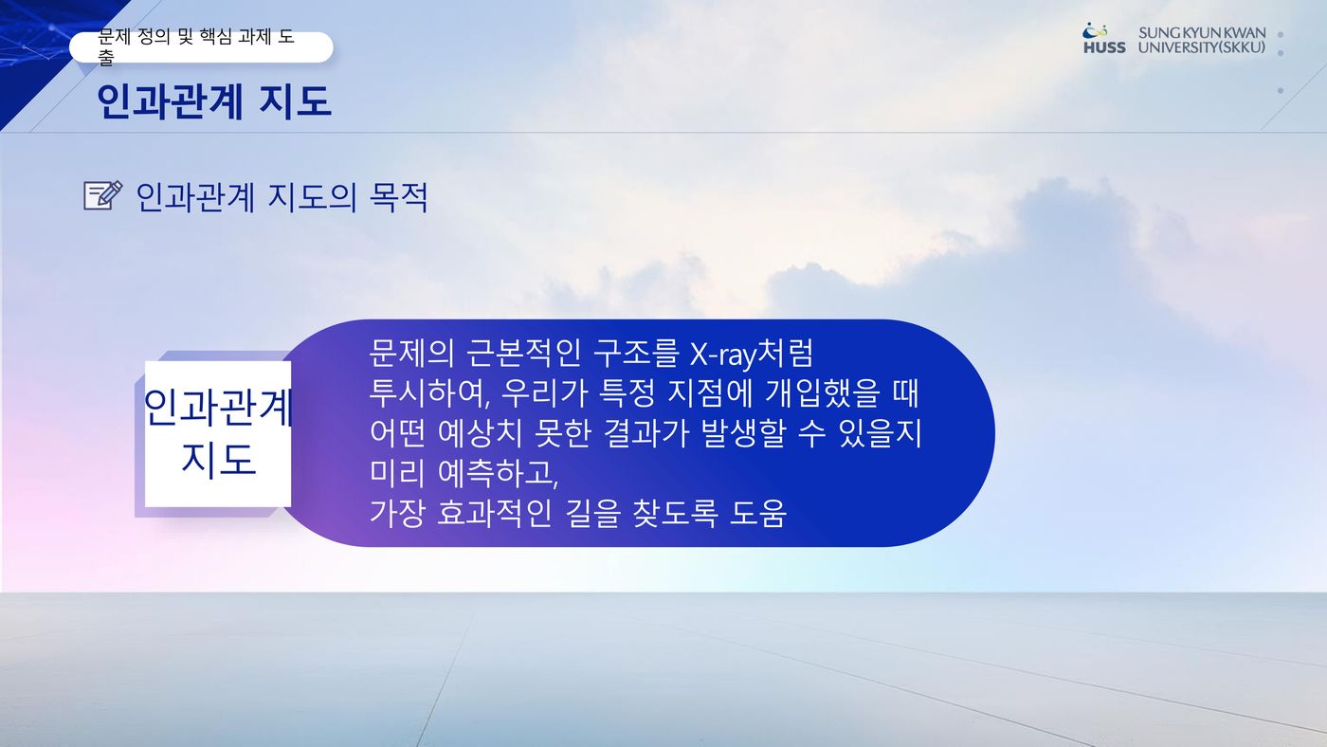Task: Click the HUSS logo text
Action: coord(1104,47)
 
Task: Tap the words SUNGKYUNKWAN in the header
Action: coord(1202,32)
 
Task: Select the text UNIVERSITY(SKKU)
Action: coord(1202,47)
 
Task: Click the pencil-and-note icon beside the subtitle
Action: coord(103,195)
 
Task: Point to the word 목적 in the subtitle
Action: coord(398,197)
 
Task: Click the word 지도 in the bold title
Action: coord(295,100)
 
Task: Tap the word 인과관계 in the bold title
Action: coord(170,101)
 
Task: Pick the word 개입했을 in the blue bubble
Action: coord(823,392)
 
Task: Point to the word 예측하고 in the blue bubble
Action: coord(499,473)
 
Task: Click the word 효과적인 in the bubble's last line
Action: coord(494,513)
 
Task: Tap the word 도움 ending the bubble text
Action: coord(757,513)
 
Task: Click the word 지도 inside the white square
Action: coord(219,459)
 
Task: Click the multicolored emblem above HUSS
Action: coord(1095,30)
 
